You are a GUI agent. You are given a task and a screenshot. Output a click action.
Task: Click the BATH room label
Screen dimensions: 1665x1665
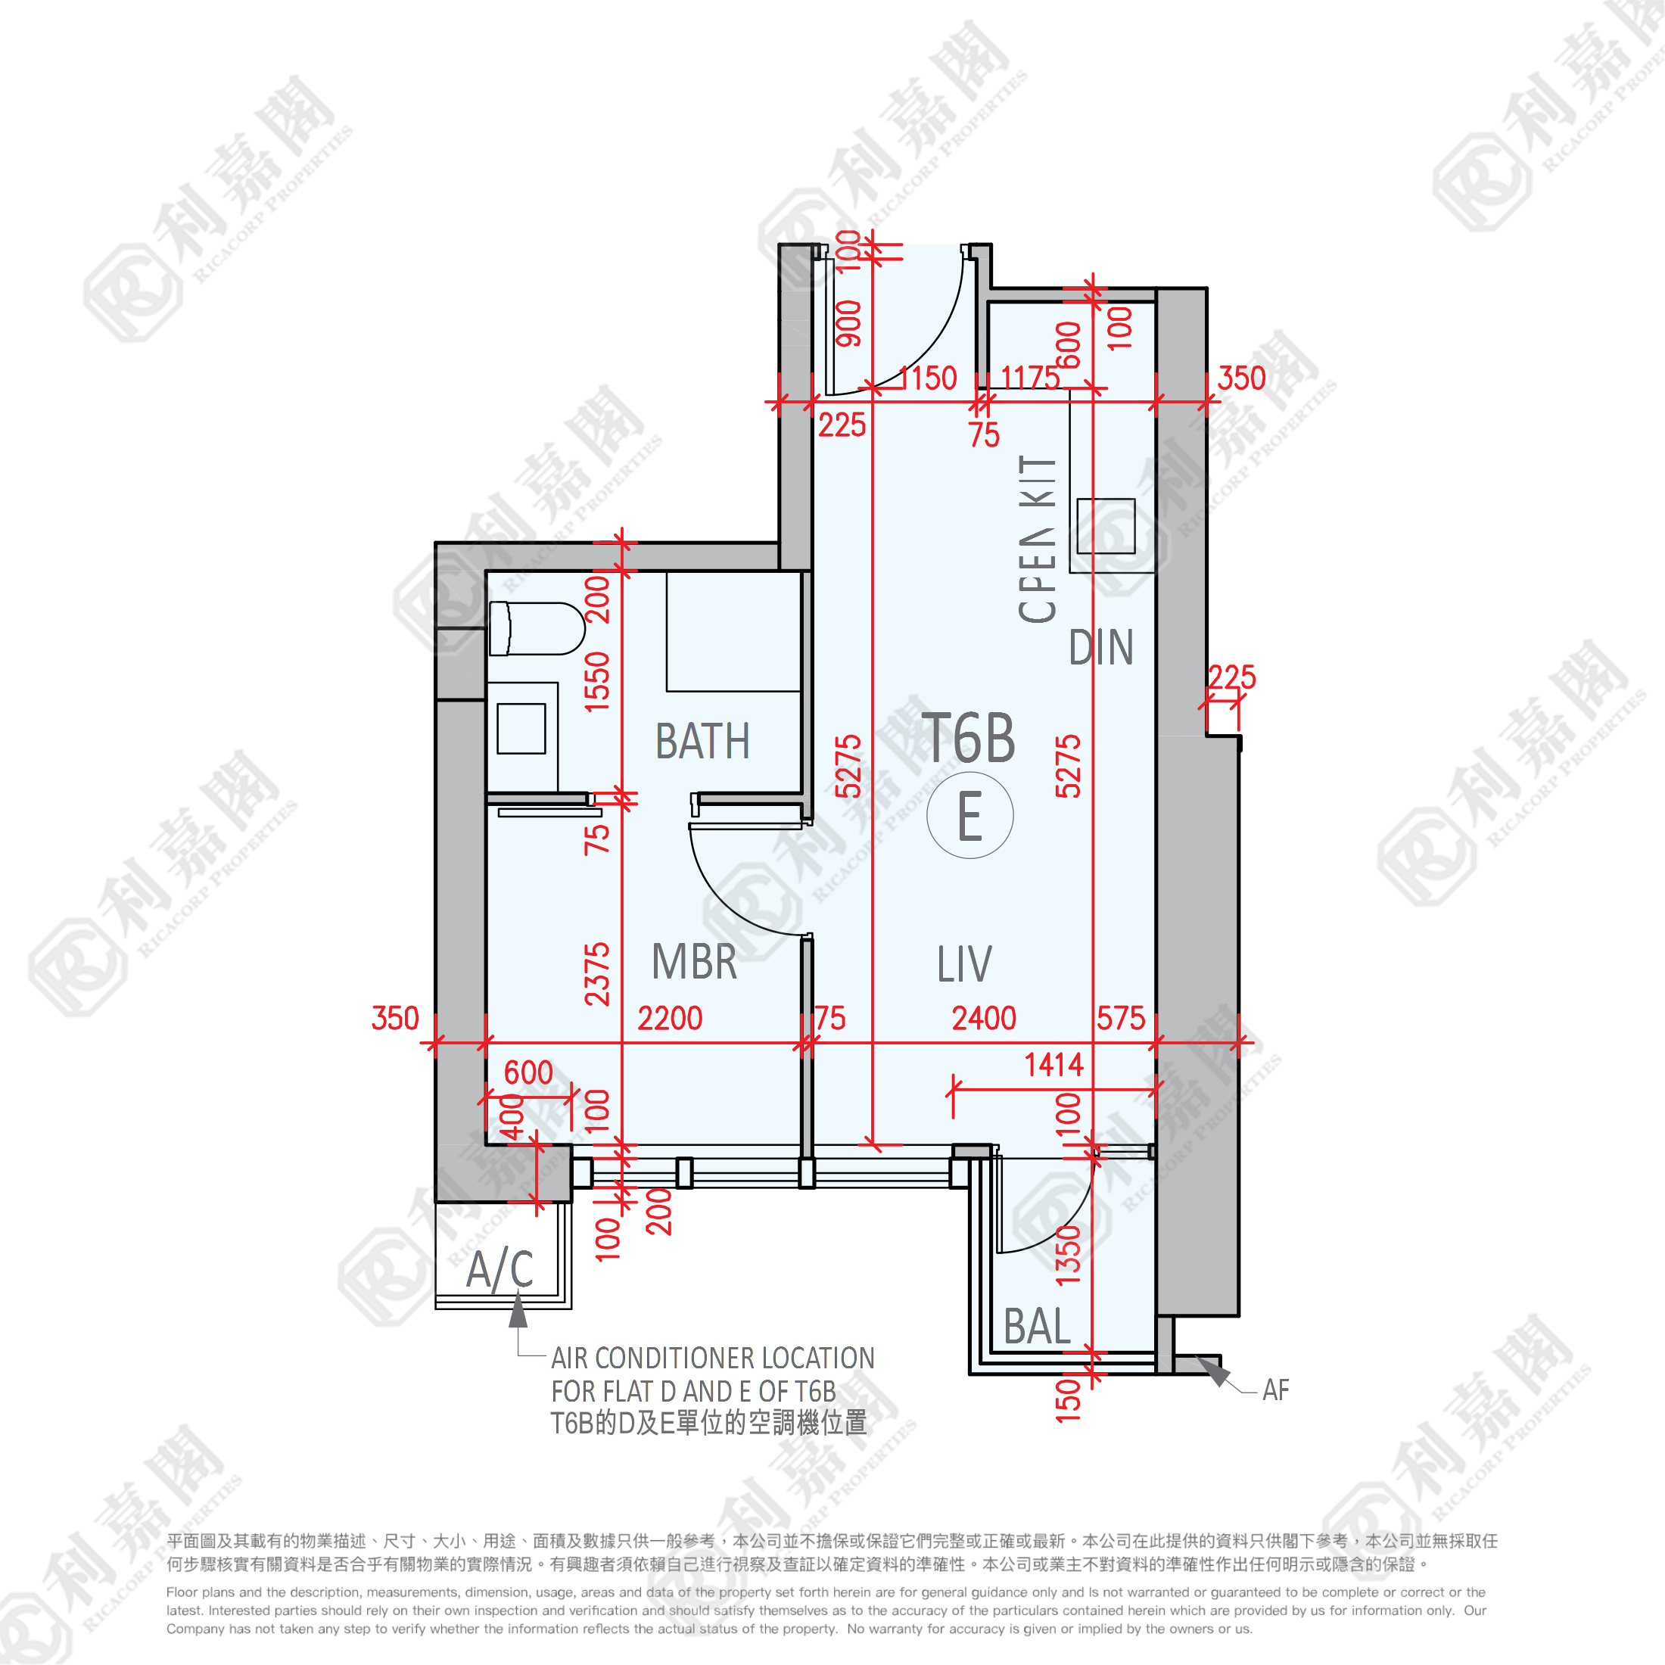pyautogui.click(x=702, y=742)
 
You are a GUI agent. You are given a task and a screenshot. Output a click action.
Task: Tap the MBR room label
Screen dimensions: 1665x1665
pyautogui.click(x=694, y=963)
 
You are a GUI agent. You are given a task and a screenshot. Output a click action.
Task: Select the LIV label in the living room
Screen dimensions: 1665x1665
pyautogui.click(x=964, y=964)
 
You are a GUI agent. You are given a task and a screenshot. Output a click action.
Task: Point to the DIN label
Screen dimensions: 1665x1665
pyautogui.click(x=1100, y=648)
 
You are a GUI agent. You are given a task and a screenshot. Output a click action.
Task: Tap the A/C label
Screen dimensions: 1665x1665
pyautogui.click(x=499, y=1270)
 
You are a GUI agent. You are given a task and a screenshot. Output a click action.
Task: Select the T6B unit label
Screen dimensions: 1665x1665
pyautogui.click(x=969, y=739)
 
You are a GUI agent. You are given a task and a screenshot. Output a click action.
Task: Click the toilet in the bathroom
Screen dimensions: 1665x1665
pyautogui.click(x=536, y=628)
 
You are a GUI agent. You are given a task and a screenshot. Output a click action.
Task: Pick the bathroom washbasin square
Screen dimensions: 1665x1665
pyautogui.click(x=521, y=729)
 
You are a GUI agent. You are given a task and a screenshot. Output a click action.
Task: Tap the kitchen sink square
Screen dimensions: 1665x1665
pyautogui.click(x=1106, y=527)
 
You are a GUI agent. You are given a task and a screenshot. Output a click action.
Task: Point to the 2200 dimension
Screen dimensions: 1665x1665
pyautogui.click(x=670, y=1019)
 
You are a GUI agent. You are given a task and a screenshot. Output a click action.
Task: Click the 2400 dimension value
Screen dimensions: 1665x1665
pyautogui.click(x=983, y=1019)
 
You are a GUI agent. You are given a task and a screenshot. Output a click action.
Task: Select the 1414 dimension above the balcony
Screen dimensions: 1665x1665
pyautogui.click(x=1053, y=1065)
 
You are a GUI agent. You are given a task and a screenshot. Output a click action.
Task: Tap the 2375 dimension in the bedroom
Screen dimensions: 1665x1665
pyautogui.click(x=597, y=974)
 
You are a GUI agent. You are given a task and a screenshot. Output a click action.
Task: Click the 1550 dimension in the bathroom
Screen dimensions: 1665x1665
pyautogui.click(x=597, y=682)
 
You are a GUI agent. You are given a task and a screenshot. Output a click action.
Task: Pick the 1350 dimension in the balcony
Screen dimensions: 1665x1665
pyautogui.click(x=1068, y=1255)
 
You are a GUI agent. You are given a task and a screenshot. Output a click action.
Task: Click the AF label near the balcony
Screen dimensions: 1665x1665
pyautogui.click(x=1275, y=1390)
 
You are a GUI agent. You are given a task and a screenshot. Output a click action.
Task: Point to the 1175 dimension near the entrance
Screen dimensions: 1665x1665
pyautogui.click(x=1030, y=378)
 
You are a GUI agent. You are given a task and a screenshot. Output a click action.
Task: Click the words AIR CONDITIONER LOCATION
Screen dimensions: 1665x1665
pyautogui.click(x=713, y=1358)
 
